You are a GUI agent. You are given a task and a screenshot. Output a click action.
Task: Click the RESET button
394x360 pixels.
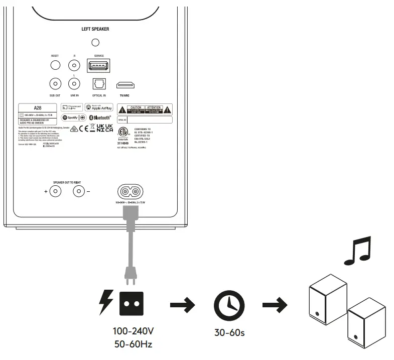55,65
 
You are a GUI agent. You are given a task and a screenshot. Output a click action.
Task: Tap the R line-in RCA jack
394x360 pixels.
75,65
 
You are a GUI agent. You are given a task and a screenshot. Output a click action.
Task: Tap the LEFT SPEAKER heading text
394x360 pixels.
95,29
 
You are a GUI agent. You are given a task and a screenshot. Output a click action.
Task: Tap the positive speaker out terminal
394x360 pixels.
55,191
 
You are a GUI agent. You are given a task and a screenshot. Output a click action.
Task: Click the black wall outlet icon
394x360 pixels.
132,303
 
